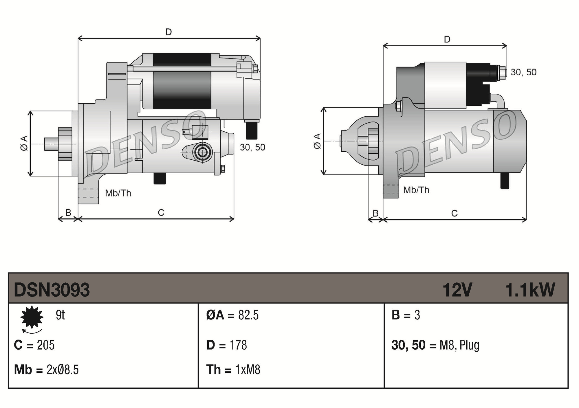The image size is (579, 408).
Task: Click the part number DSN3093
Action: tap(52, 290)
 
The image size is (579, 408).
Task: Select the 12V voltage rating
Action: tap(457, 290)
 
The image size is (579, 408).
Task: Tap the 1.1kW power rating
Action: tap(530, 290)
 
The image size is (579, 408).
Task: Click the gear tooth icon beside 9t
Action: tap(32, 317)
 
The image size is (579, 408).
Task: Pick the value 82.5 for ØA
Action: tap(248, 315)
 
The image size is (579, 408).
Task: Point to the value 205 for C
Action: tap(46, 345)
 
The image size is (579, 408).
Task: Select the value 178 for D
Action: tap(238, 345)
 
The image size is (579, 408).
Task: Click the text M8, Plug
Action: tap(459, 345)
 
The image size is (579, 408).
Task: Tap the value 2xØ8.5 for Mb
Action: tap(63, 370)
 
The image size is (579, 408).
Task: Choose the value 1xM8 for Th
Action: tap(248, 370)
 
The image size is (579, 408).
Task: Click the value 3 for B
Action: tap(417, 315)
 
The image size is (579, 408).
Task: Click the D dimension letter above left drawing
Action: tap(168, 32)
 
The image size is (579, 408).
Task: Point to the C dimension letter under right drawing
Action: tap(454, 214)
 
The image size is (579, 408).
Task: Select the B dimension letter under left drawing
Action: tap(68, 213)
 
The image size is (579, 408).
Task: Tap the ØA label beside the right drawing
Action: tap(317, 141)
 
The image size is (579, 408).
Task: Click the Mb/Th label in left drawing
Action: tap(118, 193)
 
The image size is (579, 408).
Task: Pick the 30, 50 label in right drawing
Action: tap(523, 72)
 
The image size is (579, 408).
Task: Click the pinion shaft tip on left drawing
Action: tap(48, 144)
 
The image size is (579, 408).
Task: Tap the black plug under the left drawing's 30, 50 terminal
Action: tap(252, 131)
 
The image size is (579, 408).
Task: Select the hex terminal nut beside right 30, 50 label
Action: tap(501, 73)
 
